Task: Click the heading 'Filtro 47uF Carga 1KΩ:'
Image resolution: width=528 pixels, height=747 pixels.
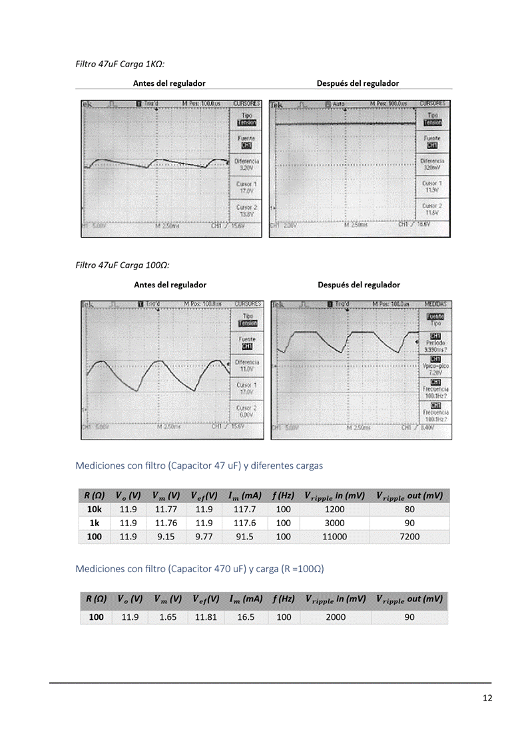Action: (x=120, y=65)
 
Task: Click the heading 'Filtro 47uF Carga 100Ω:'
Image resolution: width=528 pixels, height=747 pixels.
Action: (x=123, y=265)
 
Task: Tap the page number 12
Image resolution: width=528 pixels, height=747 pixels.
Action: (x=487, y=698)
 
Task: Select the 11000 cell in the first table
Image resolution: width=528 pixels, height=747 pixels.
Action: (x=334, y=537)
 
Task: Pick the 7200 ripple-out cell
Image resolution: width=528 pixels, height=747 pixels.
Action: (x=409, y=537)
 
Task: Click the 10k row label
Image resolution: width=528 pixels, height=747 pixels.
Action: (x=95, y=510)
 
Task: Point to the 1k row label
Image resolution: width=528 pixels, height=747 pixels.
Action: (x=95, y=523)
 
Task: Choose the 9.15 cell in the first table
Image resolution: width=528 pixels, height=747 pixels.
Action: (x=165, y=537)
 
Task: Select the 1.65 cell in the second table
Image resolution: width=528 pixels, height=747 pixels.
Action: (x=166, y=617)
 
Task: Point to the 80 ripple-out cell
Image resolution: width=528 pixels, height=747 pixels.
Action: (x=409, y=510)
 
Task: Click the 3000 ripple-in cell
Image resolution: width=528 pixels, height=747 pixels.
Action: (x=334, y=523)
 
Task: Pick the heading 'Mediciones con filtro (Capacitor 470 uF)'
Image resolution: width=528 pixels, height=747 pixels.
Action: (x=199, y=569)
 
